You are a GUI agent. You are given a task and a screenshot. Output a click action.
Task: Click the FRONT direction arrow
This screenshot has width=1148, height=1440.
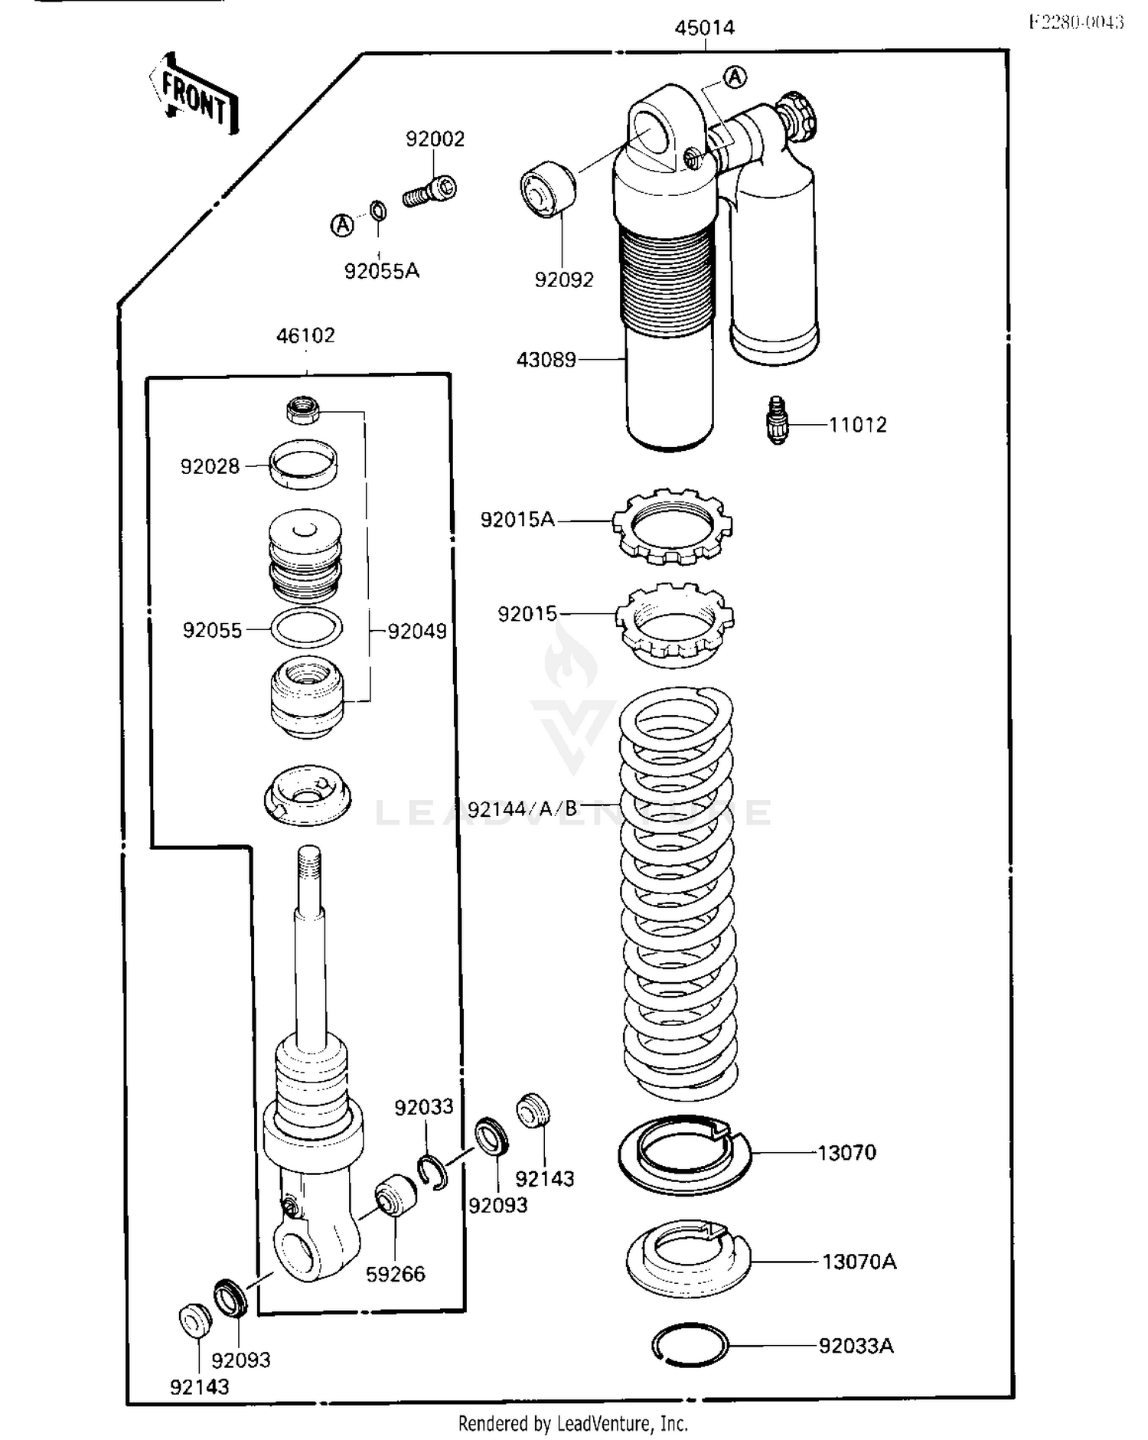click(x=193, y=93)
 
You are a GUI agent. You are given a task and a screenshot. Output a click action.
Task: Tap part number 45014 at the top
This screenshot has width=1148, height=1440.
click(x=704, y=28)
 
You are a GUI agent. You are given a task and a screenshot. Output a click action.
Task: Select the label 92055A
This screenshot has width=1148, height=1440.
click(x=382, y=271)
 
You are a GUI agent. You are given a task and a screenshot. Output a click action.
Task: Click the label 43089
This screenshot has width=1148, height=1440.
click(x=546, y=359)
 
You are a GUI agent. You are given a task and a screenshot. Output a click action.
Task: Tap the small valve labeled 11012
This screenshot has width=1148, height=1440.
click(x=778, y=420)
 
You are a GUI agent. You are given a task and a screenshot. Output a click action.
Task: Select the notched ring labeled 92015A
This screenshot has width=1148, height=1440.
click(x=672, y=526)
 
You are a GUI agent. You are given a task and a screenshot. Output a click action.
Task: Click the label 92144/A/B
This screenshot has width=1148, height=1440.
click(x=523, y=809)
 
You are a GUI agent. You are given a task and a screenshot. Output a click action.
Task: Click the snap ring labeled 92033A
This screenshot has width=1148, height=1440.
click(x=690, y=1345)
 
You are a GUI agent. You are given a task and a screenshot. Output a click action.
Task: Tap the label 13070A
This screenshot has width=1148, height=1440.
click(x=859, y=1261)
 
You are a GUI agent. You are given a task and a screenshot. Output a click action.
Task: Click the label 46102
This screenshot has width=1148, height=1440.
click(x=305, y=335)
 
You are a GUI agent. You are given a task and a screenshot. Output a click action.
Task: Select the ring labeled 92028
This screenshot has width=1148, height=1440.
click(x=304, y=464)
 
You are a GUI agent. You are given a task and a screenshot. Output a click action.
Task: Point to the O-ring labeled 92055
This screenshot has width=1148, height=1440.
click(x=307, y=629)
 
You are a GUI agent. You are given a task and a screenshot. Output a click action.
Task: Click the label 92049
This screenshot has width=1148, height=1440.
click(x=417, y=631)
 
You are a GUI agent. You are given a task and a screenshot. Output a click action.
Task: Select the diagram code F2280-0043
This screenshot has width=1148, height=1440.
click(x=1075, y=22)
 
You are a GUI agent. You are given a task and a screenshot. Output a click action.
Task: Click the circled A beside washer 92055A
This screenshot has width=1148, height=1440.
click(x=342, y=225)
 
